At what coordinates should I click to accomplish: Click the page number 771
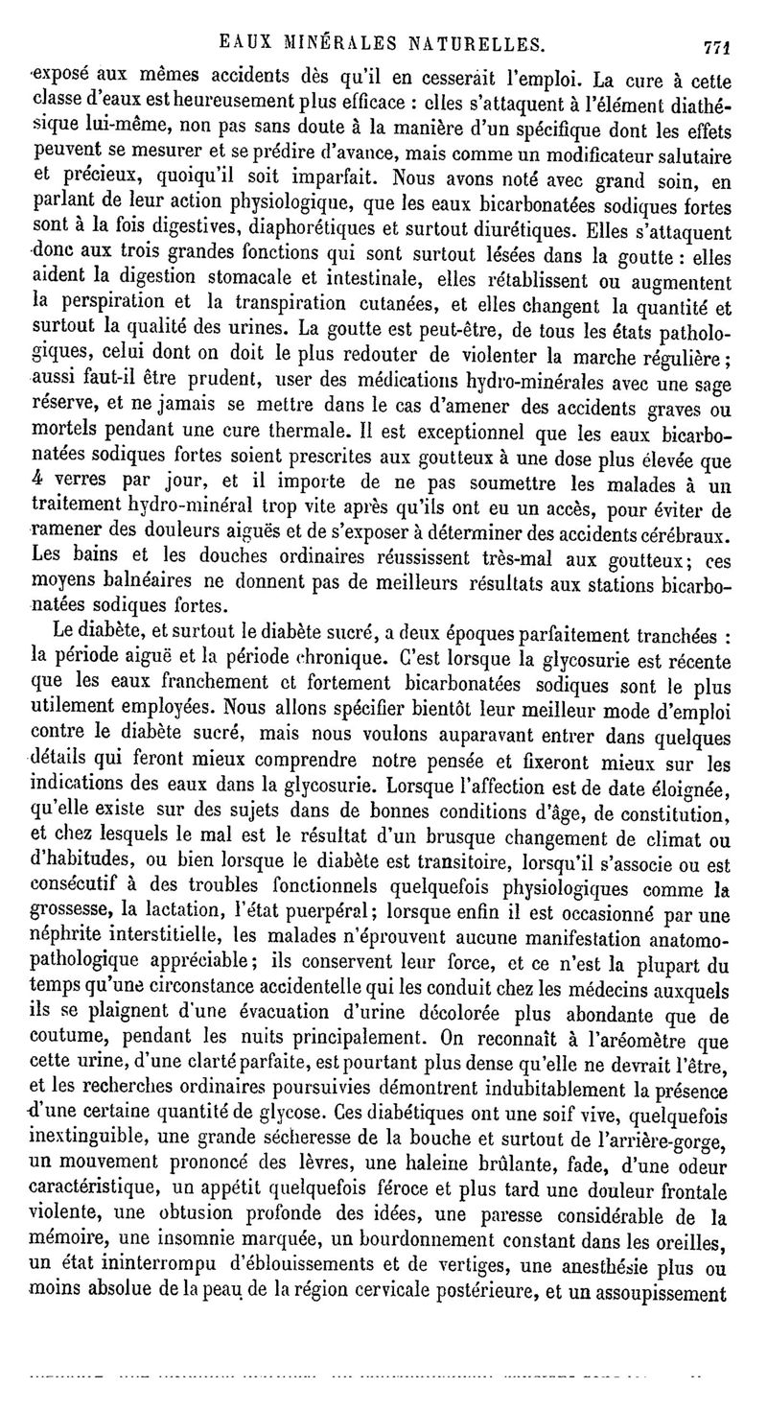point(716,44)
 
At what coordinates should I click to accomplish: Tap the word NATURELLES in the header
point(473,42)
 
